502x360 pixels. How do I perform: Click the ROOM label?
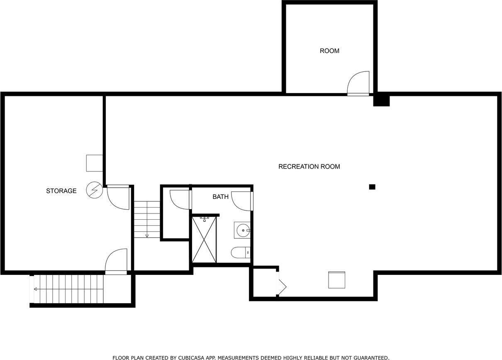pos(329,51)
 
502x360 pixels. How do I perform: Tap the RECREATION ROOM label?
pos(309,167)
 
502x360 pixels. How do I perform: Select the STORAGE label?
pos(61,191)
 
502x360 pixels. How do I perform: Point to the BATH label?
pos(220,197)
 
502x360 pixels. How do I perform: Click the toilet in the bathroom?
pos(241,252)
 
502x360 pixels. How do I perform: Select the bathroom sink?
pos(242,230)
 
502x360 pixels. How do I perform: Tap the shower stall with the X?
pos(204,240)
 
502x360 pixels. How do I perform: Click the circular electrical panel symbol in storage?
pos(94,190)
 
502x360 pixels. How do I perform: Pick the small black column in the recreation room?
pos(372,187)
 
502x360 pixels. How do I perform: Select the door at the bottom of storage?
pos(117,261)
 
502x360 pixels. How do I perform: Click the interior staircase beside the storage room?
pos(147,220)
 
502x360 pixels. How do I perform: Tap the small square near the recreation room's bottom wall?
pos(336,280)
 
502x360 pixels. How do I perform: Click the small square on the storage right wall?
pos(94,163)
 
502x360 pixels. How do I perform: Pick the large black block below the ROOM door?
pos(381,100)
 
